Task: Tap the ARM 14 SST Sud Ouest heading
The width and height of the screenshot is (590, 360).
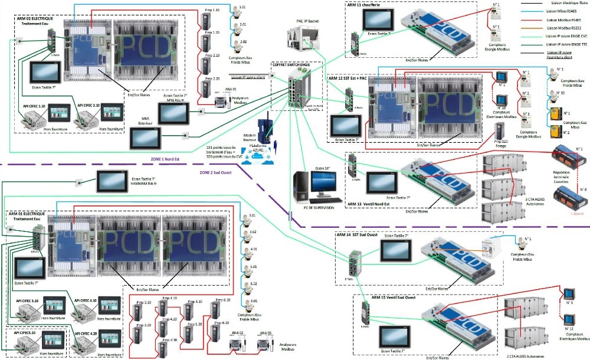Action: point(357,234)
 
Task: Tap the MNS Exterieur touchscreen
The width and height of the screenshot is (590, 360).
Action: point(145,136)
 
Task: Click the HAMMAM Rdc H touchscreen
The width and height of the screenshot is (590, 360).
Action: point(111,181)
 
